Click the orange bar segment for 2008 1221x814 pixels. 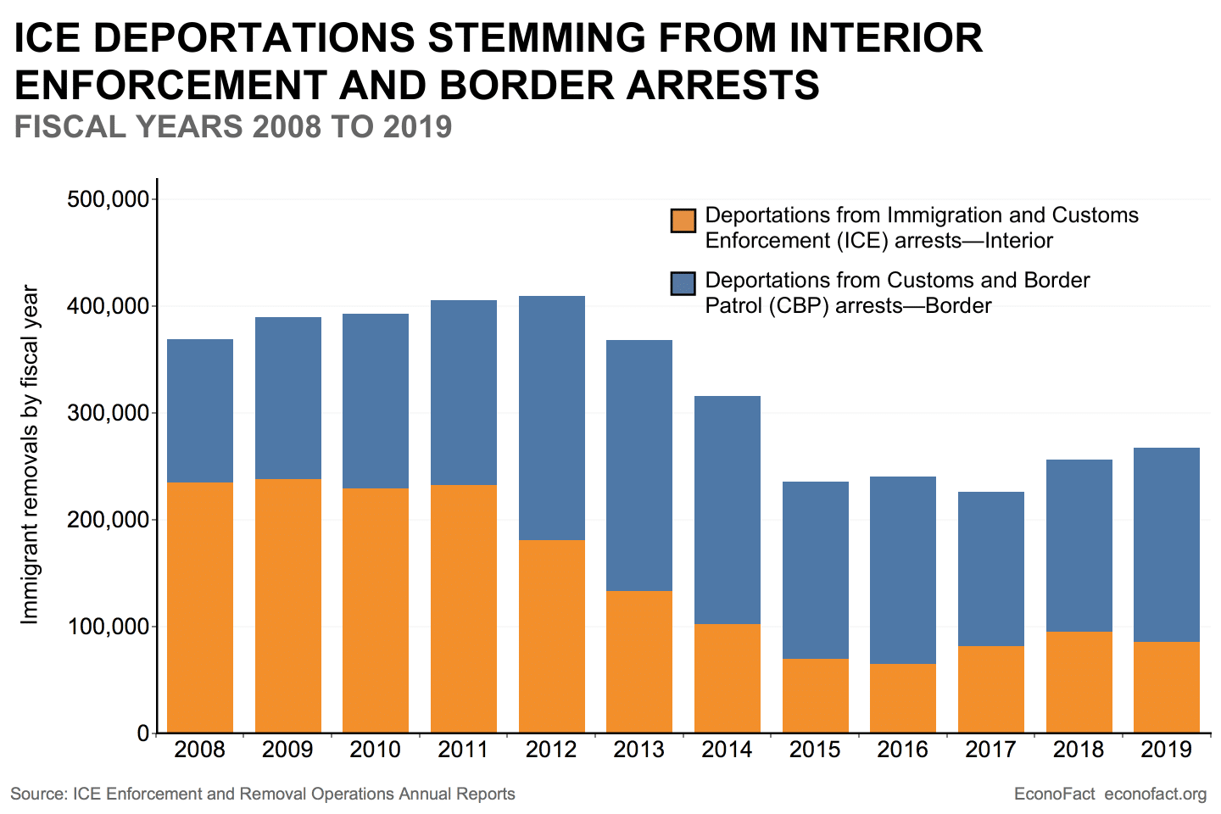click(200, 607)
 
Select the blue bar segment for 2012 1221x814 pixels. click(552, 418)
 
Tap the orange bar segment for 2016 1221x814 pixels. click(903, 698)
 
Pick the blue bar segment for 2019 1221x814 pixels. click(1167, 544)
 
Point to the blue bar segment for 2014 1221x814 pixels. click(728, 510)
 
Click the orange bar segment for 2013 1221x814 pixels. click(639, 661)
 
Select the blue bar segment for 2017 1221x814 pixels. click(991, 569)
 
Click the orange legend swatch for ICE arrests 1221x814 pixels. click(683, 220)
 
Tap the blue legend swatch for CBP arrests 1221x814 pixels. click(683, 283)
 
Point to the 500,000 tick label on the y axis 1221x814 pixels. click(108, 199)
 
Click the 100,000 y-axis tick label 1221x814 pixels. click(108, 627)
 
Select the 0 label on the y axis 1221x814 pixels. click(142, 733)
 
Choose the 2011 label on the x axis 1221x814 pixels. click(463, 750)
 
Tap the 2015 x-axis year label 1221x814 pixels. click(815, 750)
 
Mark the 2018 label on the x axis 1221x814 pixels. click(1079, 750)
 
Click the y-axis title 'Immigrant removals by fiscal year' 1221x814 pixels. click(30, 455)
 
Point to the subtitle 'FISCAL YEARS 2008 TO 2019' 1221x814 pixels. click(233, 127)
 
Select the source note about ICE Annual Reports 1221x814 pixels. click(263, 794)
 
